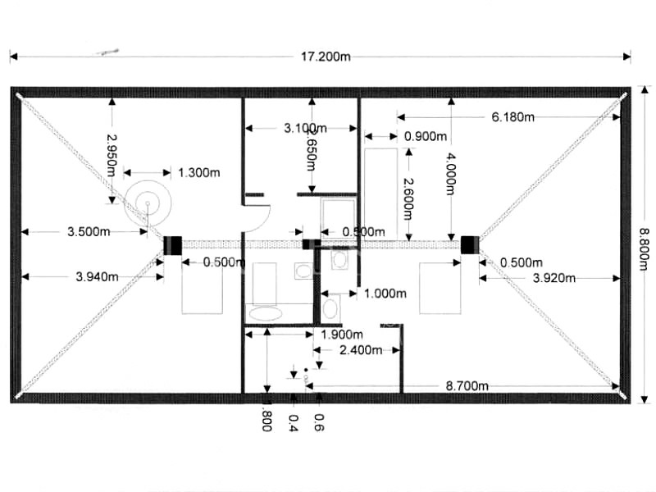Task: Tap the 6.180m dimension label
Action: (x=513, y=117)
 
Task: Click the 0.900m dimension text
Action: (x=426, y=136)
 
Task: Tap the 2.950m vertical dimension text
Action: (x=111, y=153)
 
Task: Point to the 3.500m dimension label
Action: (x=89, y=232)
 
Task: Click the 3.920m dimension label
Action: (x=554, y=277)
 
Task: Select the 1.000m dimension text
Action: (x=385, y=293)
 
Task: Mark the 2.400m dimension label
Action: (x=360, y=350)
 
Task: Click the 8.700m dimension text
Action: (x=467, y=385)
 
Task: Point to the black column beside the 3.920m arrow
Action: (x=468, y=244)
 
